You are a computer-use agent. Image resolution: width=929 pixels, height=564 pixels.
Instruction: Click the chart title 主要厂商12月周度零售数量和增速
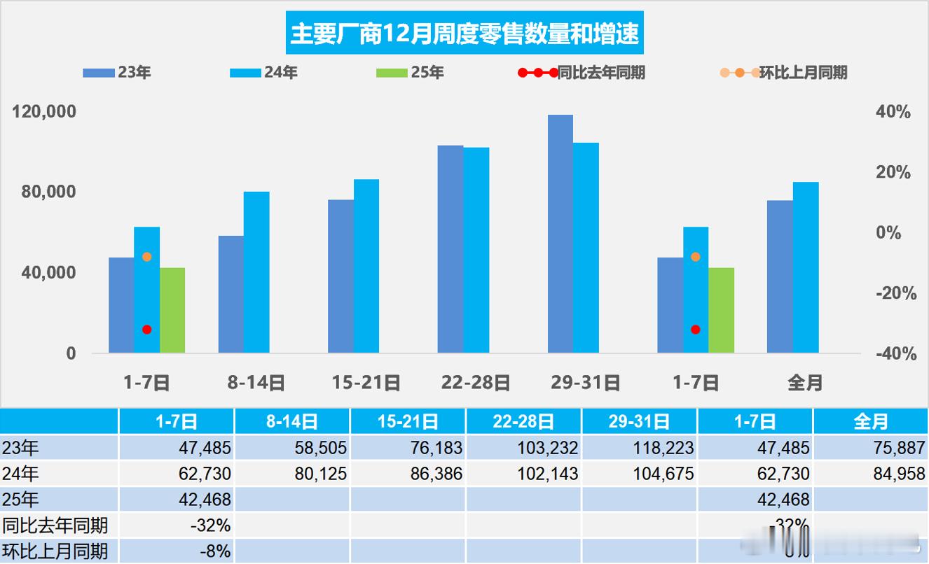464,34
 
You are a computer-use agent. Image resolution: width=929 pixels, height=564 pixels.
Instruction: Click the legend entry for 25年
411,72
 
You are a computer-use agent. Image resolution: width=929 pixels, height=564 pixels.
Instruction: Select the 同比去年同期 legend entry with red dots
581,72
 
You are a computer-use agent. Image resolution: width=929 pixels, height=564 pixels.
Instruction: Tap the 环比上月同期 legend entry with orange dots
784,72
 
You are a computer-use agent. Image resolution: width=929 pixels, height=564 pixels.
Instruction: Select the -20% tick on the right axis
896,294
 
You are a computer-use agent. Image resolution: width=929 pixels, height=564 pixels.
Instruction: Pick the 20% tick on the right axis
893,173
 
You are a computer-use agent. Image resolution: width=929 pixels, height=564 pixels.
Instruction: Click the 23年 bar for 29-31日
560,234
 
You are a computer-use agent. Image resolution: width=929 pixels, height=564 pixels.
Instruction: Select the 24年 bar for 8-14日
256,272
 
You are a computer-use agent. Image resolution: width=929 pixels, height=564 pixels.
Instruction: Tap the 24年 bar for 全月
806,267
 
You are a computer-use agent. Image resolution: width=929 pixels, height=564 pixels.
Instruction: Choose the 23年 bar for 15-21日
340,276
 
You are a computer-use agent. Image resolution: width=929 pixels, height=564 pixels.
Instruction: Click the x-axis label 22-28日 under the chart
476,383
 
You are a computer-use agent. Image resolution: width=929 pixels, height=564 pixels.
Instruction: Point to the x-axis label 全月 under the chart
805,383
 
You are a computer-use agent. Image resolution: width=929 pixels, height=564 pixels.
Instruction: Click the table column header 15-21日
408,421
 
